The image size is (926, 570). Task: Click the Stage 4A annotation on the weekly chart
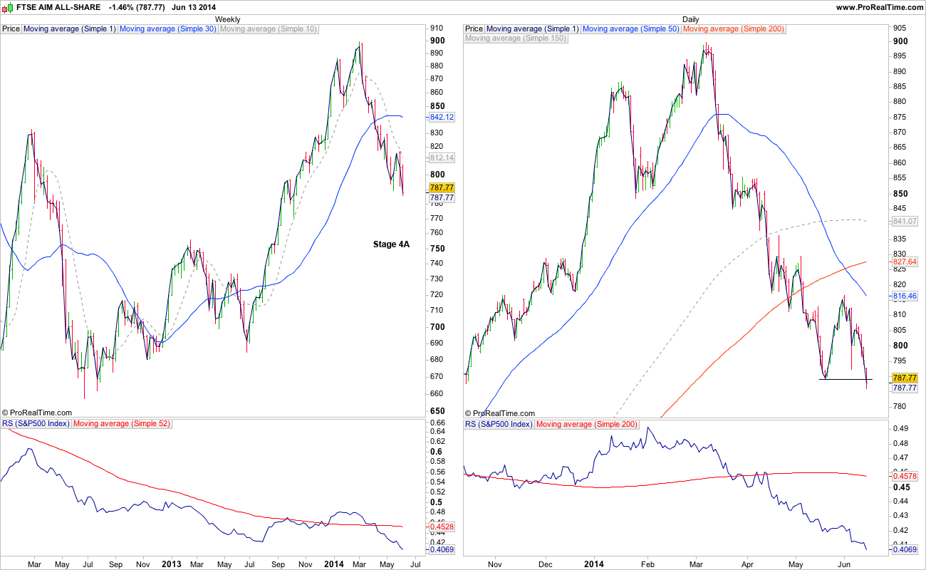(x=391, y=244)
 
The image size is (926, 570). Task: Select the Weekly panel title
(x=227, y=19)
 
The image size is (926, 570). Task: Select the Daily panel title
(x=690, y=19)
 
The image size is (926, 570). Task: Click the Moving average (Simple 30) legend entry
(x=167, y=29)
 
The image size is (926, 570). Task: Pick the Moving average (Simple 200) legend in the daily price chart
(x=724, y=29)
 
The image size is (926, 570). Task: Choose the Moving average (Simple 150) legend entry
(x=516, y=38)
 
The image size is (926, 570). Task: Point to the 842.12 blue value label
(x=442, y=117)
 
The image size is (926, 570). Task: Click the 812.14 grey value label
(x=442, y=157)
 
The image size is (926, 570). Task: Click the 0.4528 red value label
(x=442, y=527)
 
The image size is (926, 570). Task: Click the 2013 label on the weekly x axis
(x=172, y=564)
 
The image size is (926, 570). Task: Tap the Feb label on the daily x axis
(x=649, y=564)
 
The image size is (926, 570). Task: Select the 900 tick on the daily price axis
(x=900, y=41)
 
